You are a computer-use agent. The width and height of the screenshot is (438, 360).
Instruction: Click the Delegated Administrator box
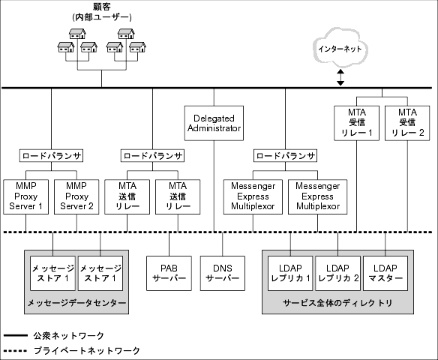[x=214, y=123]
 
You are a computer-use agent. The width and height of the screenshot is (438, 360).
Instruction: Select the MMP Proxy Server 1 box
[x=26, y=195]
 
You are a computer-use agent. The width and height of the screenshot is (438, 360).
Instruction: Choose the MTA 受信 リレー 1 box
[x=355, y=123]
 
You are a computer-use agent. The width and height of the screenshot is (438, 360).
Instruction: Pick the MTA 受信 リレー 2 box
[x=407, y=123]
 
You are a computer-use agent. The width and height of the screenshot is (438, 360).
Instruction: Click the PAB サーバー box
[x=169, y=272]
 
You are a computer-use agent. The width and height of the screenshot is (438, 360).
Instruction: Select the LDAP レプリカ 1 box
[x=289, y=272]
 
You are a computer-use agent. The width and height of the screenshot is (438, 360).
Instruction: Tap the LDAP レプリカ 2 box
[x=337, y=272]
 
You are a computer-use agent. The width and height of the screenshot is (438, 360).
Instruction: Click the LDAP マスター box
[x=386, y=272]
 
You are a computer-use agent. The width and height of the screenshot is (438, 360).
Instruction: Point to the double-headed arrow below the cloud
[x=340, y=76]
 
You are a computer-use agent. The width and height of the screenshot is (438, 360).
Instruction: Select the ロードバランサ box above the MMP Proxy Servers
[x=52, y=156]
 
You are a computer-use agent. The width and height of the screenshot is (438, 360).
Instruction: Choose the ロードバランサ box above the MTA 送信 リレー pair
[x=152, y=156]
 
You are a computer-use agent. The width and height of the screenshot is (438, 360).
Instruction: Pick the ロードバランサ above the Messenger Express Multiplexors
[x=285, y=156]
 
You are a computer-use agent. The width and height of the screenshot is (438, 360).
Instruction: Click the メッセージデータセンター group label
[x=76, y=303]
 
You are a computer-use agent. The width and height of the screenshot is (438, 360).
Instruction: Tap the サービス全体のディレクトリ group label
[x=337, y=303]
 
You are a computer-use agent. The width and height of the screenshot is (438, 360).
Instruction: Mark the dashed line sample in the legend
[x=16, y=349]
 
